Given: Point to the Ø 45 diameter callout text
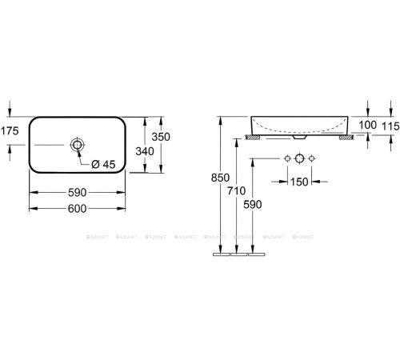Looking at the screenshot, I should pyautogui.click(x=103, y=164).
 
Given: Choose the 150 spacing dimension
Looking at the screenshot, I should pyautogui.click(x=300, y=182).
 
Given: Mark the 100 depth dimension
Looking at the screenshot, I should pyautogui.click(x=367, y=126).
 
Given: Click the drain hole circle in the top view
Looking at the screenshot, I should pyautogui.click(x=78, y=145).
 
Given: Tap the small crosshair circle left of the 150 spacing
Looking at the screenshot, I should pyautogui.click(x=285, y=158).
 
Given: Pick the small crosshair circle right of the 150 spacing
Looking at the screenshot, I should pyautogui.click(x=313, y=158).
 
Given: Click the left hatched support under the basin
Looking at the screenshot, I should pyautogui.click(x=253, y=137).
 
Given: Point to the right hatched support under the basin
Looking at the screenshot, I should pyautogui.click(x=346, y=137).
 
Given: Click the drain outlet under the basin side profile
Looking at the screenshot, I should pyautogui.click(x=299, y=137).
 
